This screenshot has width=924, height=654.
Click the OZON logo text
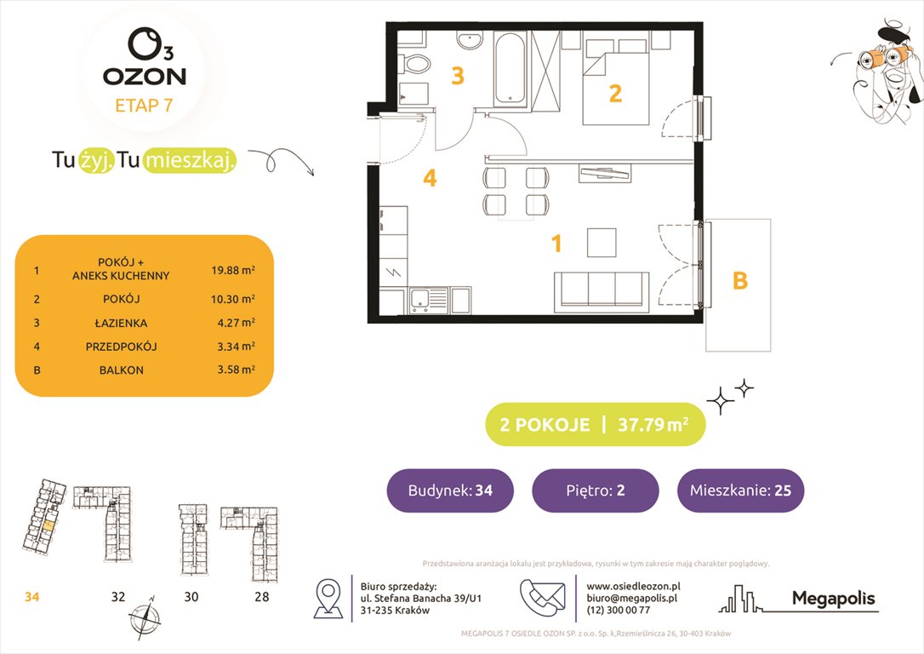tap(144, 76)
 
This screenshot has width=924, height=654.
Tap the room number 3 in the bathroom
tap(458, 77)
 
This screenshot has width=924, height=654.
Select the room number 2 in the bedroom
tap(615, 94)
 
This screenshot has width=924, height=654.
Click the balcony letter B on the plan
tap(740, 280)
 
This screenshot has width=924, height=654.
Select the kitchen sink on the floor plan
tap(423, 300)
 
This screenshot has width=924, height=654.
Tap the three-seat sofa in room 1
tap(602, 290)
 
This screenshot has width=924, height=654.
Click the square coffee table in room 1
tap(602, 242)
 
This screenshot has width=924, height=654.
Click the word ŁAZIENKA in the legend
tap(121, 323)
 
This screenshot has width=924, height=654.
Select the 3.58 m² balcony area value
tap(233, 370)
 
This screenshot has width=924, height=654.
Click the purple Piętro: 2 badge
tap(595, 490)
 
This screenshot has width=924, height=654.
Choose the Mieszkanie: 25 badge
tap(740, 490)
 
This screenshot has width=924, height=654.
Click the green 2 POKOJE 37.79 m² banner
tap(595, 425)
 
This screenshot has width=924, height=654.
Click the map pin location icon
tap(328, 598)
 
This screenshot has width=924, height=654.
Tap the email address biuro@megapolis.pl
tap(632, 598)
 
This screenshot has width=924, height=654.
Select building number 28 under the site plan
tap(261, 597)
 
